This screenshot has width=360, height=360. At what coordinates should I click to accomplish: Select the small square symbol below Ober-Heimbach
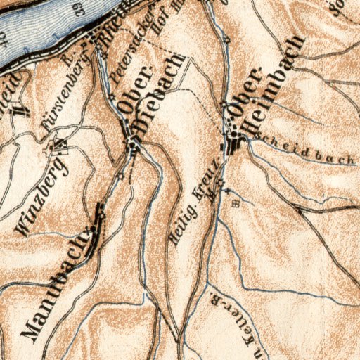tap(236, 203)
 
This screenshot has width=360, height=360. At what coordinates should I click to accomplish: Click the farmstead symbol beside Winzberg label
tap(57, 147)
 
